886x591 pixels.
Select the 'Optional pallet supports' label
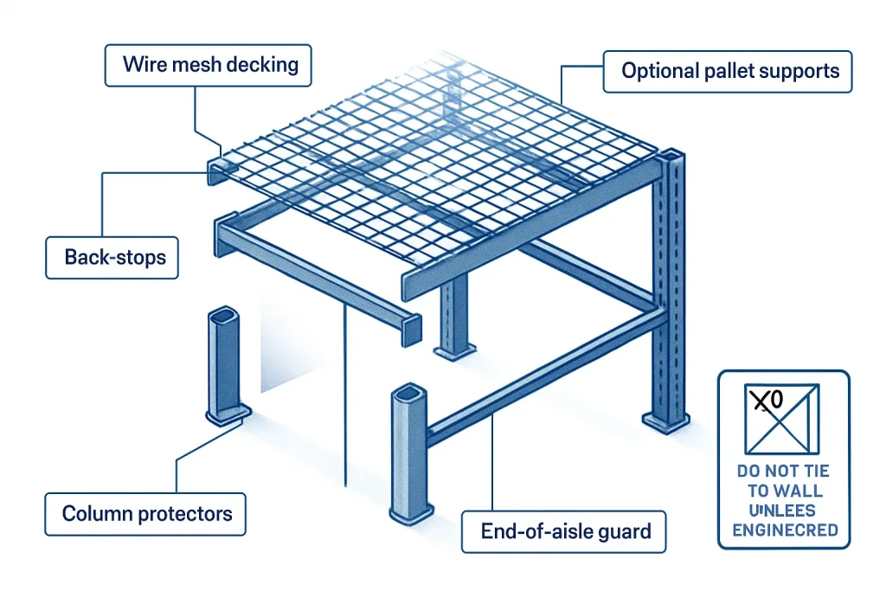click(x=730, y=71)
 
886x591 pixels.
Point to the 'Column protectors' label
click(x=147, y=514)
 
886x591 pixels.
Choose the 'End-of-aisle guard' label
click(x=566, y=531)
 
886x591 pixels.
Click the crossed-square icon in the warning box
click(x=782, y=420)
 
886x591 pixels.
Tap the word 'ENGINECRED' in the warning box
click(x=785, y=530)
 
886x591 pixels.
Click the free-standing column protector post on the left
click(x=224, y=363)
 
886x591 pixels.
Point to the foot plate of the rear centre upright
click(x=453, y=351)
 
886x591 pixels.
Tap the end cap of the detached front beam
click(x=412, y=329)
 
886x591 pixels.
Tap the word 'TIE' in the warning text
click(x=814, y=472)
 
